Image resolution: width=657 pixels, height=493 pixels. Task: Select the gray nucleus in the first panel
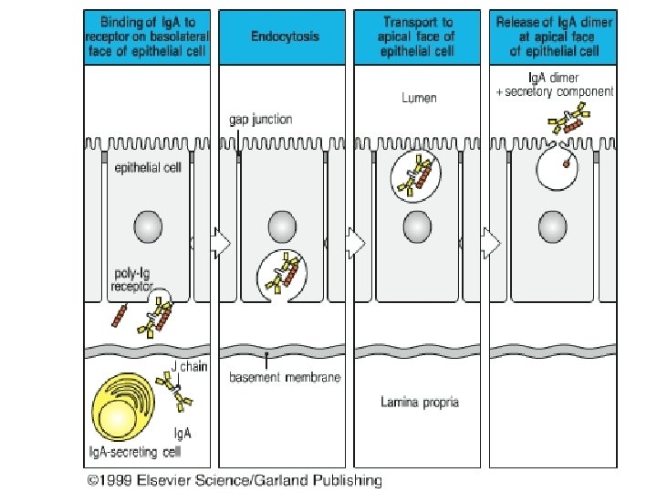pyautogui.click(x=149, y=226)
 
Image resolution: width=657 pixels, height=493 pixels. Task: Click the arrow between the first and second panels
pyautogui.click(x=220, y=243)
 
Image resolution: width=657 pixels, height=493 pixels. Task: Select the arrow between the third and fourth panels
pyautogui.click(x=490, y=243)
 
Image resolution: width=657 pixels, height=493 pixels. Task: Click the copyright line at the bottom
pyautogui.click(x=235, y=479)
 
